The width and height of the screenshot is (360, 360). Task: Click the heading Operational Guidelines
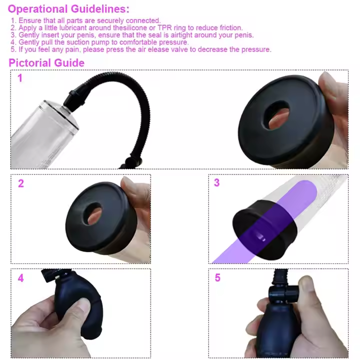[68, 9]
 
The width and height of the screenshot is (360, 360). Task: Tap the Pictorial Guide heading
[46, 62]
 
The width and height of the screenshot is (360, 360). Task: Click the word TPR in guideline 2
[165, 28]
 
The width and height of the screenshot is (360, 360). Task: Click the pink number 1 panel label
[20, 78]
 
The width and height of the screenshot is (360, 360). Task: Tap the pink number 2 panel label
[20, 183]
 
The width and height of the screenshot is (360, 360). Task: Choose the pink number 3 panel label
[216, 183]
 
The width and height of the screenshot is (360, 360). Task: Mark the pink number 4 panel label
[20, 278]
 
